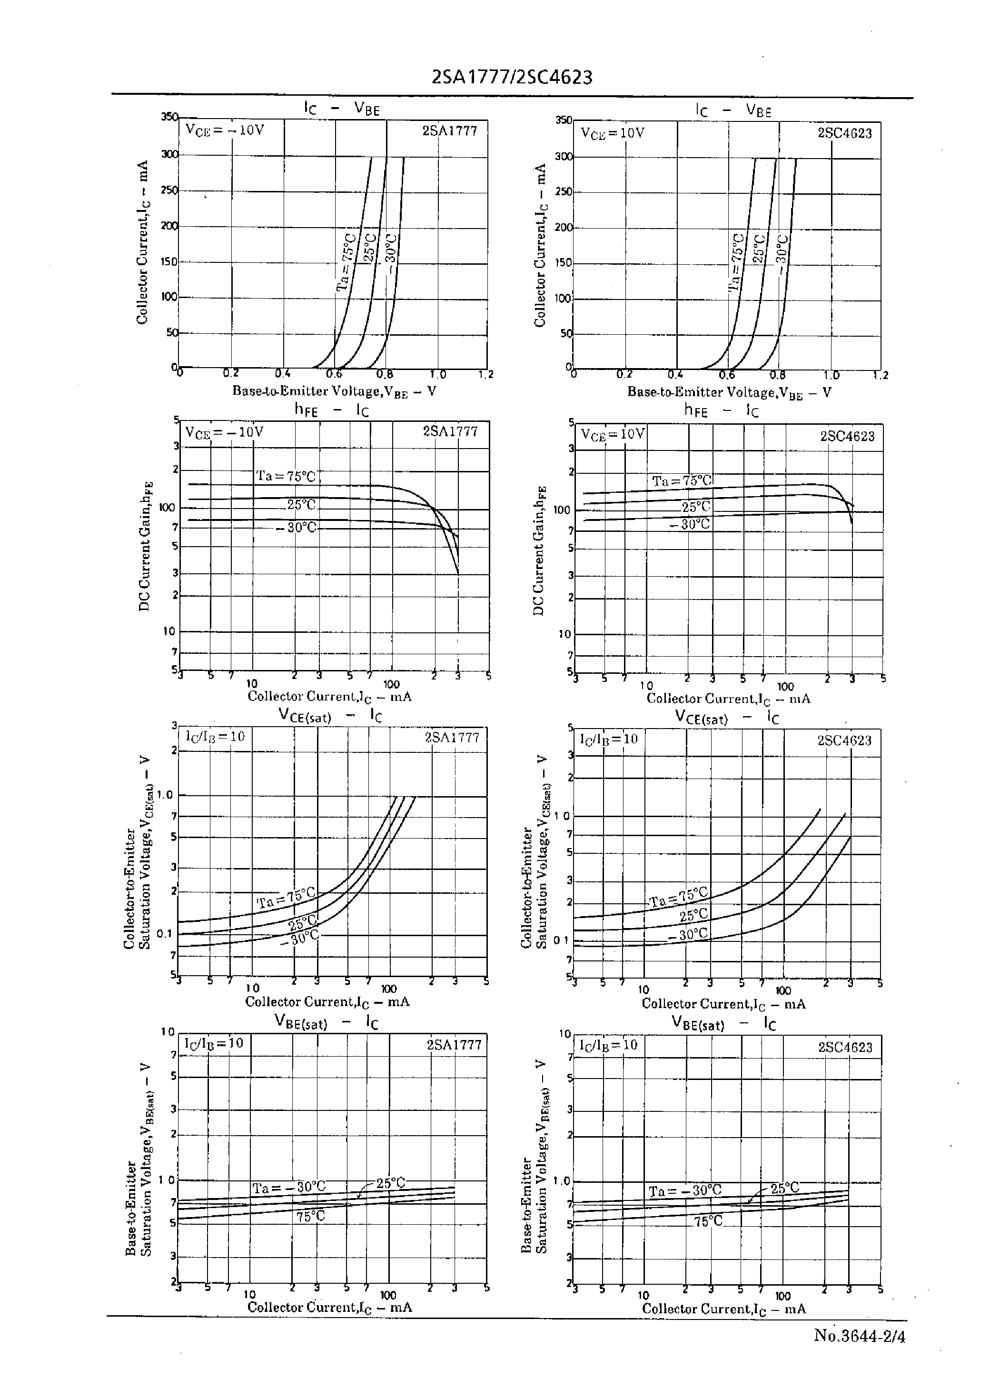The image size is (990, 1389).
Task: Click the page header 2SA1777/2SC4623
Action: point(512,78)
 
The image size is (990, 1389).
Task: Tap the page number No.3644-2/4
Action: point(860,1336)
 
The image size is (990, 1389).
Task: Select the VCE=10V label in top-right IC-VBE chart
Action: point(613,133)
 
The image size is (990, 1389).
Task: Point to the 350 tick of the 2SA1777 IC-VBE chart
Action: point(169,117)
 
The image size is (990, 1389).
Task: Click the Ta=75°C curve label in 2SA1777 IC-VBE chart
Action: point(346,261)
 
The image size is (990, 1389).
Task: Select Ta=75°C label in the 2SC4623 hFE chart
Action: point(682,481)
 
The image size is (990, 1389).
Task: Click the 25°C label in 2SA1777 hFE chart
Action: point(302,505)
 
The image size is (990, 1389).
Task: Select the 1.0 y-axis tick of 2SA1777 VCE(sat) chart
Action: point(165,795)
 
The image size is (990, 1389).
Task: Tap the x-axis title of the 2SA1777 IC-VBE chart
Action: point(334,391)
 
